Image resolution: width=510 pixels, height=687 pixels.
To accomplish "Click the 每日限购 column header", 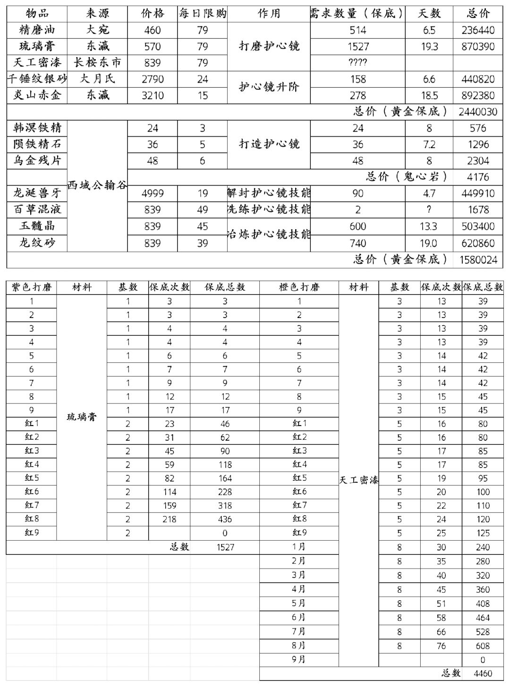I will click(x=202, y=14).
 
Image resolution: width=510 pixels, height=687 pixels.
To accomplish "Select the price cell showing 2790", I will click(x=152, y=79).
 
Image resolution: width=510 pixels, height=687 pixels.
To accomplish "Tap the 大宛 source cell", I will click(x=97, y=30).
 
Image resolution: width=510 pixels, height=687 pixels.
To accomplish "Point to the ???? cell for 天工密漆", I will click(x=357, y=62).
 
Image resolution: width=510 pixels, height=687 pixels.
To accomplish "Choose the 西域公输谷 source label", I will click(x=97, y=185).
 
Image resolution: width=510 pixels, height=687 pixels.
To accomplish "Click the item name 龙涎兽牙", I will click(x=37, y=193).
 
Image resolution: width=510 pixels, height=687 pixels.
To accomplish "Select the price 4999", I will click(x=152, y=193).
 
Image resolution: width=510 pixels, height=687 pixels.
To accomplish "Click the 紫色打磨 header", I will click(x=31, y=287).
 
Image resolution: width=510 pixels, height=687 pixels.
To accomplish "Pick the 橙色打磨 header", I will click(x=299, y=287).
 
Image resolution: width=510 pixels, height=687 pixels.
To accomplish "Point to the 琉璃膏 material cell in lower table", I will click(x=82, y=417).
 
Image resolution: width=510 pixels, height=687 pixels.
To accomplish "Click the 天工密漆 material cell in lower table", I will click(x=358, y=480).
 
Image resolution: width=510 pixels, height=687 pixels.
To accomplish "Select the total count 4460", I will click(x=482, y=674).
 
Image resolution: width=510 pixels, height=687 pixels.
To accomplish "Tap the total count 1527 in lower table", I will click(x=225, y=547).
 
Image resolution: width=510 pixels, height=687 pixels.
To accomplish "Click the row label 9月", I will click(x=298, y=660).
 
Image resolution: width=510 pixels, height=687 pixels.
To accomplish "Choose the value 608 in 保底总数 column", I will click(x=482, y=646).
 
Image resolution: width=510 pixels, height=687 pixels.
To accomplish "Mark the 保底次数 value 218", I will click(x=169, y=519).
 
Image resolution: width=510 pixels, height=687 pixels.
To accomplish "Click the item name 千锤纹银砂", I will click(x=37, y=79).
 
